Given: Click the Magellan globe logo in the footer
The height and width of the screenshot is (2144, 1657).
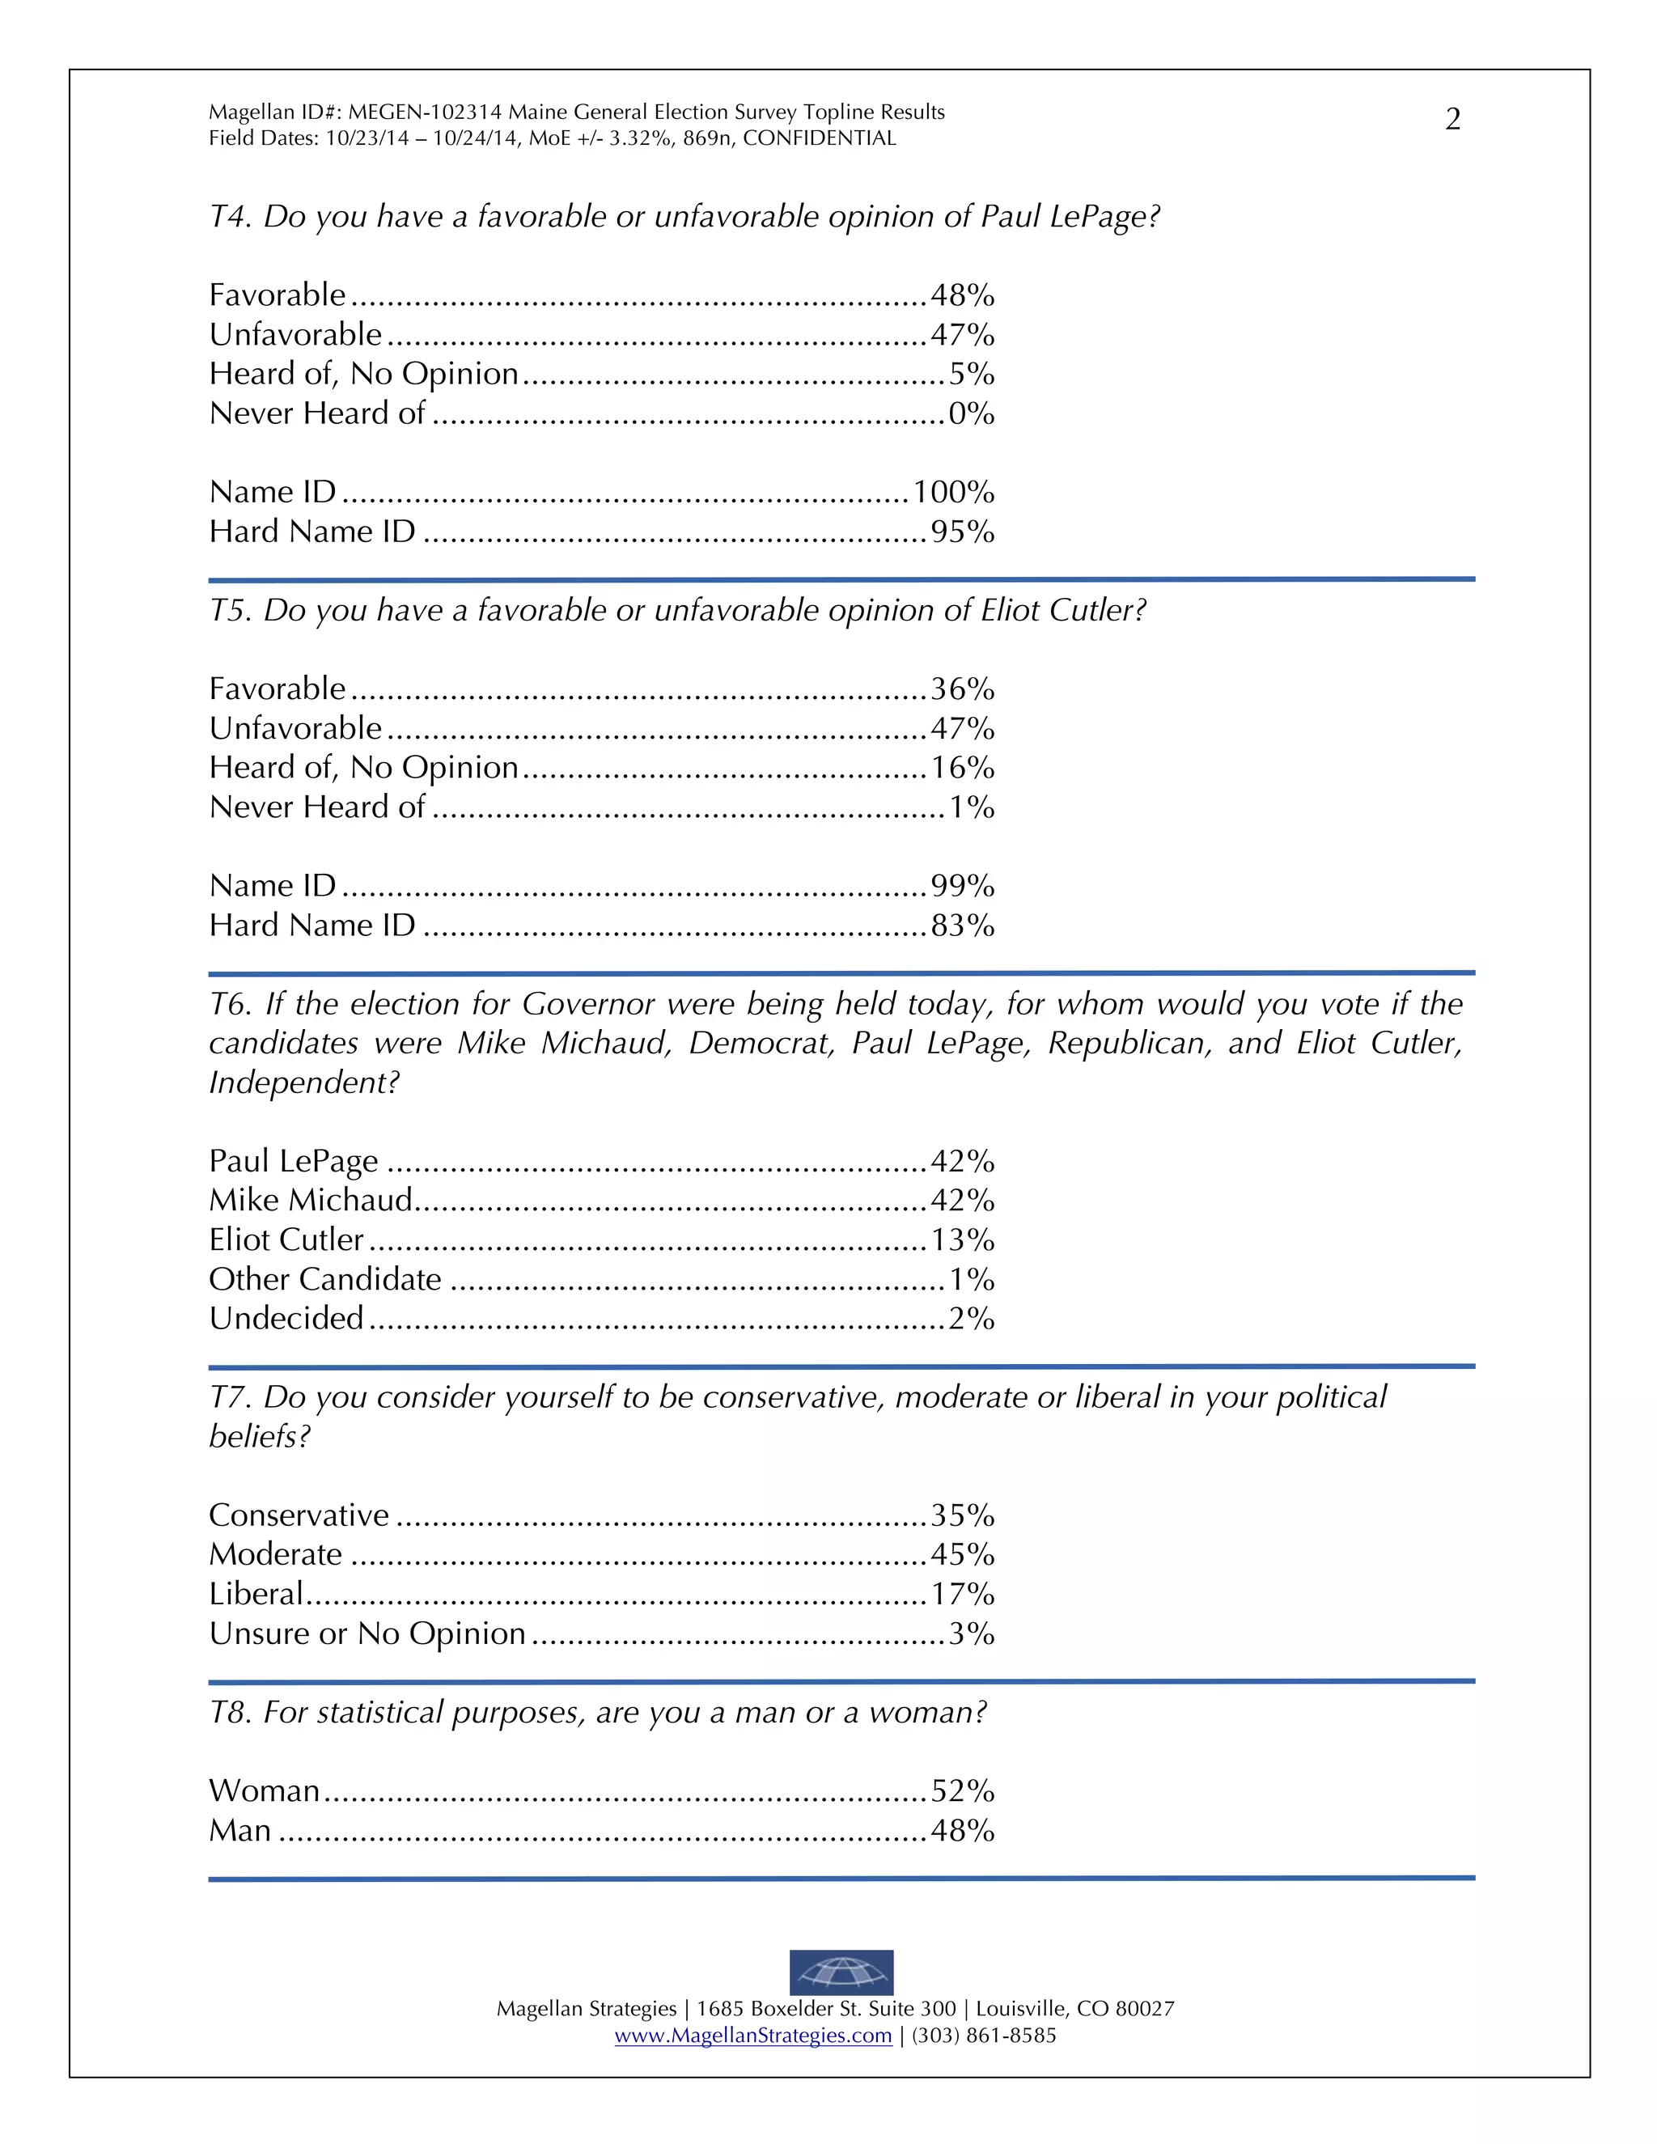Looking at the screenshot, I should click(x=841, y=1971).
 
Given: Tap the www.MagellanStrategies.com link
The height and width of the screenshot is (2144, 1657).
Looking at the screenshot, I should click(x=753, y=2035).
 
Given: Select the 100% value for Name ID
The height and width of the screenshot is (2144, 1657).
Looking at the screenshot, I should click(x=953, y=492).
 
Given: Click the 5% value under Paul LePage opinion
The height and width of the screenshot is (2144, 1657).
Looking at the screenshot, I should click(x=971, y=374).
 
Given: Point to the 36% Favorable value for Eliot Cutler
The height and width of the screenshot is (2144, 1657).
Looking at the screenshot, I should click(x=962, y=689).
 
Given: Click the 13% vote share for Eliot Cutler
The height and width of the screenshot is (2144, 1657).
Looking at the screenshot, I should click(x=962, y=1239).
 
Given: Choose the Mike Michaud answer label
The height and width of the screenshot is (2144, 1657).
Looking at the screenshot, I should click(x=310, y=1200).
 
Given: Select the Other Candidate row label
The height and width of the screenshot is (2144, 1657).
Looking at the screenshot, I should click(x=325, y=1279).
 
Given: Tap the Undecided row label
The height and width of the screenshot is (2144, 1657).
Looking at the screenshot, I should click(x=286, y=1319).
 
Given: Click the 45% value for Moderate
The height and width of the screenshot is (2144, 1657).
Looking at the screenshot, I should click(x=962, y=1554).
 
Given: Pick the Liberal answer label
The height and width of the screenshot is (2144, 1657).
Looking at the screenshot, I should click(x=255, y=1593).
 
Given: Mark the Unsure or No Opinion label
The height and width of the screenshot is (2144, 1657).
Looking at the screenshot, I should click(x=367, y=1633).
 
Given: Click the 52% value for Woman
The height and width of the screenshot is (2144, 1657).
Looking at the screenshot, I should click(x=962, y=1790).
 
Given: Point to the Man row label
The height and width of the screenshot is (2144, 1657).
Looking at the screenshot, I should click(x=239, y=1831).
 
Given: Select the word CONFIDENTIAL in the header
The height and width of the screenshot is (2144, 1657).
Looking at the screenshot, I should click(x=819, y=138).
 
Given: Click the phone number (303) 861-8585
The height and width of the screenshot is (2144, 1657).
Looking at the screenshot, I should click(x=984, y=2035).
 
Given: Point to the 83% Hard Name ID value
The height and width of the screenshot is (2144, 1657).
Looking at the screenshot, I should click(x=962, y=925).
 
